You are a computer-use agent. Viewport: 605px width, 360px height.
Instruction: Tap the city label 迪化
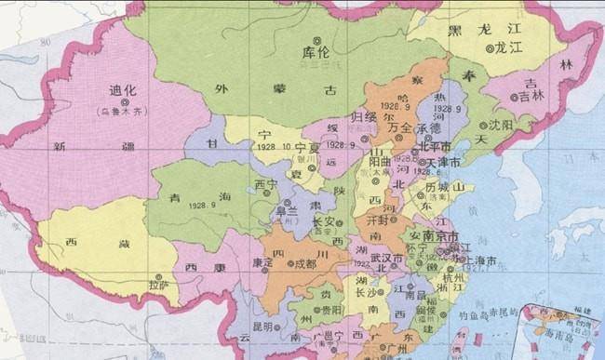[x=121, y=92]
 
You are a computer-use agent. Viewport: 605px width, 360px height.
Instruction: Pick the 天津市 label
[x=445, y=165]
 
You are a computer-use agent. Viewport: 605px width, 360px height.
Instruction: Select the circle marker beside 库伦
[x=317, y=39]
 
